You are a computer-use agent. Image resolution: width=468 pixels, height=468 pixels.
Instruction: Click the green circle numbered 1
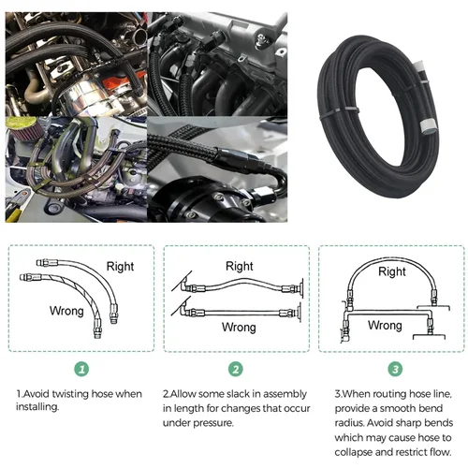click(x=81, y=370)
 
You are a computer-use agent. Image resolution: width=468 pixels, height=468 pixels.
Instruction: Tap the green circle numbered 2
click(x=235, y=370)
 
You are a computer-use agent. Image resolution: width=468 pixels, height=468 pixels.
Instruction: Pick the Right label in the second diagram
click(x=240, y=267)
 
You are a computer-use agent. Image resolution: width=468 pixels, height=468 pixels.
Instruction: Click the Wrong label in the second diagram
click(x=240, y=328)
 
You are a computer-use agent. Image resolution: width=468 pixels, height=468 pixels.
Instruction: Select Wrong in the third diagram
click(x=385, y=325)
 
